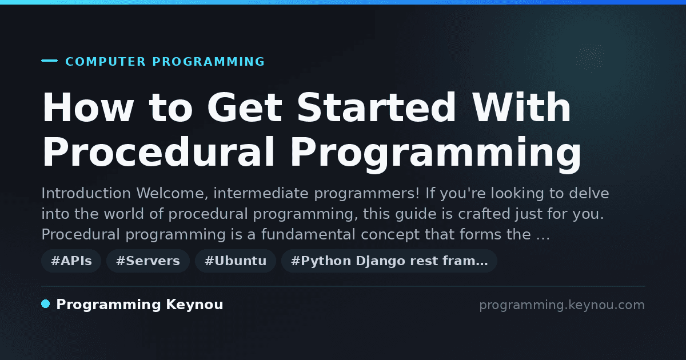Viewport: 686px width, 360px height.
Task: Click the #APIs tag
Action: tap(71, 261)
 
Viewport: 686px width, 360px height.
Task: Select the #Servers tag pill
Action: tap(148, 261)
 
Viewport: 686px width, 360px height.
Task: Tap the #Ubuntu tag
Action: tap(236, 261)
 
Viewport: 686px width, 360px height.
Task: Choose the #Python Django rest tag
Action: tap(389, 261)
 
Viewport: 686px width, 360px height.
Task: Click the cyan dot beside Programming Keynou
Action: tap(46, 304)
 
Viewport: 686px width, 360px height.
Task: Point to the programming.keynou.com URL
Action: tap(562, 305)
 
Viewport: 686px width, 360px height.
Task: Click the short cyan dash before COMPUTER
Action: tap(50, 61)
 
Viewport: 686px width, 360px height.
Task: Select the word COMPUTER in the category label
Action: tap(106, 62)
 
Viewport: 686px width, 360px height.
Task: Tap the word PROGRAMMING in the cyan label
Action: tap(209, 62)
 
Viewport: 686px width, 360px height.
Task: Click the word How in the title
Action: tap(88, 107)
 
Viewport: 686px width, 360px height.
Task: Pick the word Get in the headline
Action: tap(245, 107)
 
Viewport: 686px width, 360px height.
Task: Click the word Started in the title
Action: tap(376, 107)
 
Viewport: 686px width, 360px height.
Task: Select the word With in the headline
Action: tap(521, 107)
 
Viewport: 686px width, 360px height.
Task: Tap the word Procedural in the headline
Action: tap(158, 151)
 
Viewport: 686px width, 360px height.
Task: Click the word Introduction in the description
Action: tap(86, 193)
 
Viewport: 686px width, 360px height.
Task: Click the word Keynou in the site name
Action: tap(194, 305)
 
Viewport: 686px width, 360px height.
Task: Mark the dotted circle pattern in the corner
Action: tap(591, 57)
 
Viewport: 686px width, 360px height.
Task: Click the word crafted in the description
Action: tap(484, 214)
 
